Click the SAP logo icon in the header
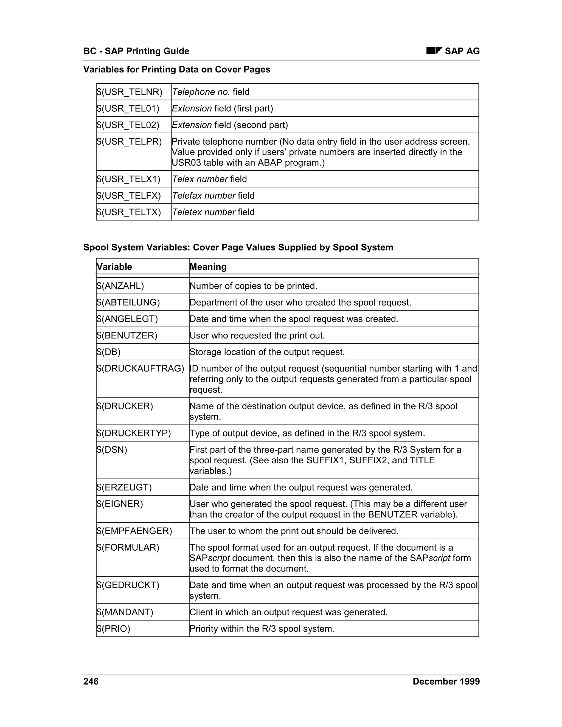pyautogui.click(x=434, y=51)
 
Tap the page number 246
pyautogui.click(x=91, y=681)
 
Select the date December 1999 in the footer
pyautogui.click(x=446, y=681)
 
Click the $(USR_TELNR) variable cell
pyautogui.click(x=130, y=92)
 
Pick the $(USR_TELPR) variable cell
pyautogui.click(x=129, y=142)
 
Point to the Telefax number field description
pyautogui.click(x=213, y=195)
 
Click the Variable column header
pyautogui.click(x=114, y=267)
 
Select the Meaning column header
pyautogui.click(x=208, y=267)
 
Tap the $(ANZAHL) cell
pyautogui.click(x=120, y=286)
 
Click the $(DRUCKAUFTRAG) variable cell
pyautogui.click(x=140, y=368)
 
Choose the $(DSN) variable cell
pyautogui.click(x=112, y=450)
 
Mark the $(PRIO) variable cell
pyautogui.click(x=114, y=629)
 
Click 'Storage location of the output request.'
pyautogui.click(x=267, y=352)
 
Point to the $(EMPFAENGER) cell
pyautogui.click(x=134, y=531)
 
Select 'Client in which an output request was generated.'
pyautogui.click(x=288, y=612)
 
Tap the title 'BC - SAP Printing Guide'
pyautogui.click(x=136, y=51)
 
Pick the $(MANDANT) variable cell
pyautogui.click(x=125, y=612)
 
